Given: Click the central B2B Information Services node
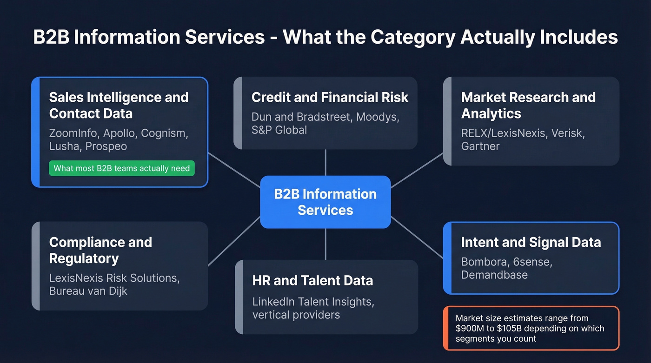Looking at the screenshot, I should [325, 202].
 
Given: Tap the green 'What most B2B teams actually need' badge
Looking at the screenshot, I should [121, 168].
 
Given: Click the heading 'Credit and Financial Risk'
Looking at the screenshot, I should [330, 97].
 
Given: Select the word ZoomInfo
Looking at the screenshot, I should [73, 133].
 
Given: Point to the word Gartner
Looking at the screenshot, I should [480, 146].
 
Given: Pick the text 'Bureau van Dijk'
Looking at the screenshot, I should [88, 291].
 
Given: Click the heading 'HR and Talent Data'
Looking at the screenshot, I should [312, 280].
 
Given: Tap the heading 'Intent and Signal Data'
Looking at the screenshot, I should [531, 242].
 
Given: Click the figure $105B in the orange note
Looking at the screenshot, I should [513, 328].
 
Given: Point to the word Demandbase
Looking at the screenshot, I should [494, 275].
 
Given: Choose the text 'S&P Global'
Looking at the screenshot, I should [279, 130].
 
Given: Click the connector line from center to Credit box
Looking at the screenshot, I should [325, 162].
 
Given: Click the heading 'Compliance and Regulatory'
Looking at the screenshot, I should [100, 250].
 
